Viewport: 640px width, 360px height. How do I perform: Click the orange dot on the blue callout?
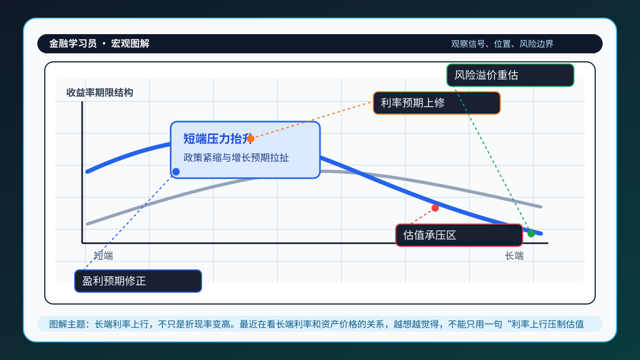251,139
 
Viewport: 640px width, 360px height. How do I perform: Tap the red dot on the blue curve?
435,208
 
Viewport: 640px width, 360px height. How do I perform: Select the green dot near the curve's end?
531,234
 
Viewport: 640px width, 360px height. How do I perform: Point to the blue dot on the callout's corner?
176,172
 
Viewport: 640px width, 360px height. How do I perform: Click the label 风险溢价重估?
486,75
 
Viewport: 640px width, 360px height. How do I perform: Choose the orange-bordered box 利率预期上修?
437,103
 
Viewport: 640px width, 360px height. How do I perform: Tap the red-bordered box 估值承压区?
459,235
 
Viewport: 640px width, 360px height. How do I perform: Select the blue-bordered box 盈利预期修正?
138,281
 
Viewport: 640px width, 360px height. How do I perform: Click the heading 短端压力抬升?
218,139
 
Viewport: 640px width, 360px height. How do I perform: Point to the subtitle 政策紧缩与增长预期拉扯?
236,158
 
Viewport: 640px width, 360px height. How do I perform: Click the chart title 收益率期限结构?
100,93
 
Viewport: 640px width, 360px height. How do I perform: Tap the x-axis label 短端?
103,255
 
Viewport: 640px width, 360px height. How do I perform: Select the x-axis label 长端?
514,255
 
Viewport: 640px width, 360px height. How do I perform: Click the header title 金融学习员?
73,44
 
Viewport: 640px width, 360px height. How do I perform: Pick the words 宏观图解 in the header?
130,44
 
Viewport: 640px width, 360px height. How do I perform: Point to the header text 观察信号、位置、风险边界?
502,44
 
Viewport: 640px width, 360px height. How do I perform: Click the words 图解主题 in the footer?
67,324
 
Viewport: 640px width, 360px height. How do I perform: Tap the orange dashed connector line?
311,121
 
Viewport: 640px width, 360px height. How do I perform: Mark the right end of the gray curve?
541,207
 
